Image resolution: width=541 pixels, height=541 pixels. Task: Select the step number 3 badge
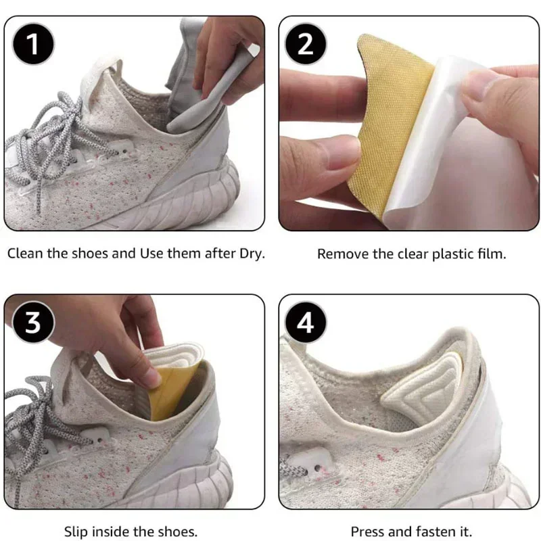(x=32, y=323)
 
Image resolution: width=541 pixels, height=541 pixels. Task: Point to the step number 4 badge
(x=306, y=323)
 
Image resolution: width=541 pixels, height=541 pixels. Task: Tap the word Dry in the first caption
(x=250, y=254)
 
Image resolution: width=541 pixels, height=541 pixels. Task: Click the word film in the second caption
(x=492, y=254)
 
